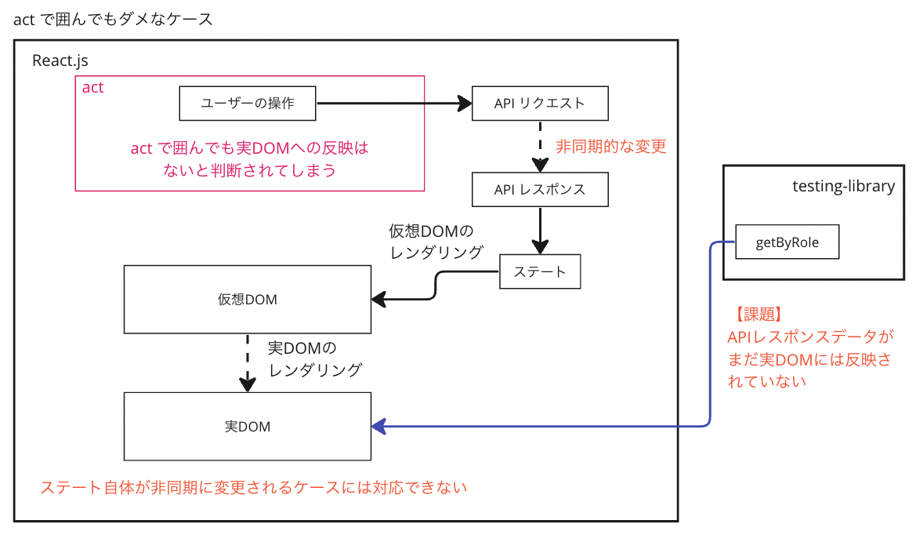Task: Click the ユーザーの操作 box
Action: (x=248, y=103)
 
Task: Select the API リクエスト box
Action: (x=540, y=103)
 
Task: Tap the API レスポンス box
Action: (x=540, y=189)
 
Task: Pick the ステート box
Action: (x=540, y=271)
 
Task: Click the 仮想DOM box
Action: (x=248, y=299)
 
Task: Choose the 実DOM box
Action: (x=248, y=427)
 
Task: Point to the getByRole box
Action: (x=787, y=242)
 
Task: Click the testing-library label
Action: (x=843, y=186)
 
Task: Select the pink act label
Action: (x=92, y=87)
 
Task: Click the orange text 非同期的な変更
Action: (x=611, y=147)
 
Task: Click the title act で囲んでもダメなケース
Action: (x=114, y=20)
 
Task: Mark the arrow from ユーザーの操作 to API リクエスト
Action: (x=392, y=103)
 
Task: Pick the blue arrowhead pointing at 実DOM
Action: (x=379, y=427)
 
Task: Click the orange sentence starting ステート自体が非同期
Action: (x=253, y=487)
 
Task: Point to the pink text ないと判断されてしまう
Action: (x=249, y=169)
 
